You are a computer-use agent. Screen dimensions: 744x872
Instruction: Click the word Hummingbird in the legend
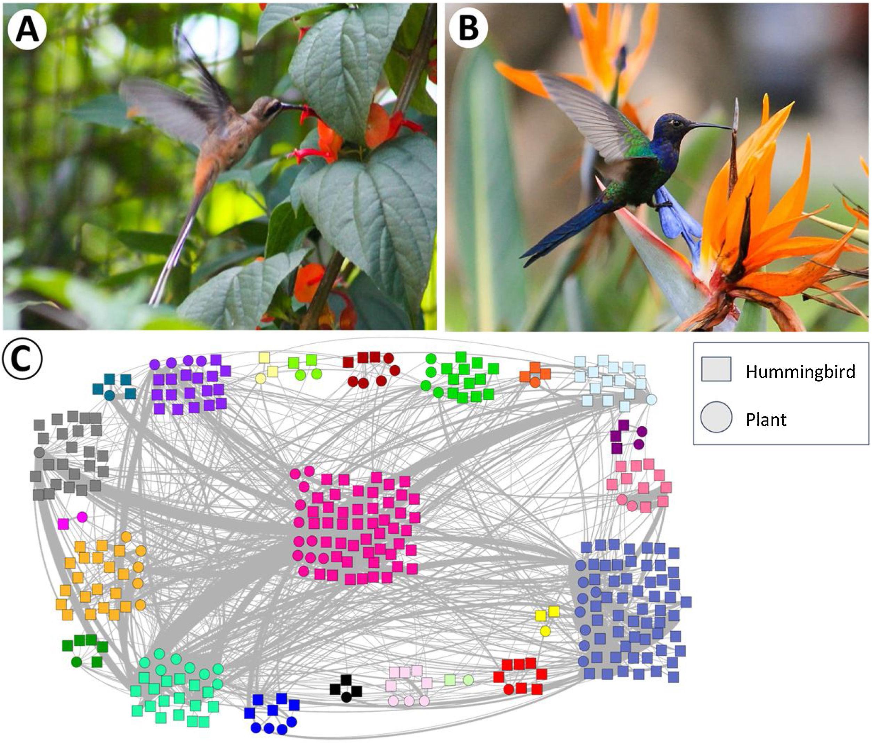(800, 372)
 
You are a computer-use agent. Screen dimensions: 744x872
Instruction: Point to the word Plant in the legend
(766, 420)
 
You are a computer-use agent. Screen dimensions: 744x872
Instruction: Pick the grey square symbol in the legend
(716, 370)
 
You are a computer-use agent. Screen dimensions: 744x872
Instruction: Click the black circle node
(346, 697)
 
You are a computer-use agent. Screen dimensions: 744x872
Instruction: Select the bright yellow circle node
(545, 631)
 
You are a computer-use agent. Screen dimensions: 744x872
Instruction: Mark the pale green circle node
(468, 680)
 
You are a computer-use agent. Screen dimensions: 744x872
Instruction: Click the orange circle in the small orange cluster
(535, 382)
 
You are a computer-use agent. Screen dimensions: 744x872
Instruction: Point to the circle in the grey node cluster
(39, 453)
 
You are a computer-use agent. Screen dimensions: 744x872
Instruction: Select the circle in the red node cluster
(508, 689)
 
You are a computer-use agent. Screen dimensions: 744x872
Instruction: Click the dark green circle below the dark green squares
(76, 662)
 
